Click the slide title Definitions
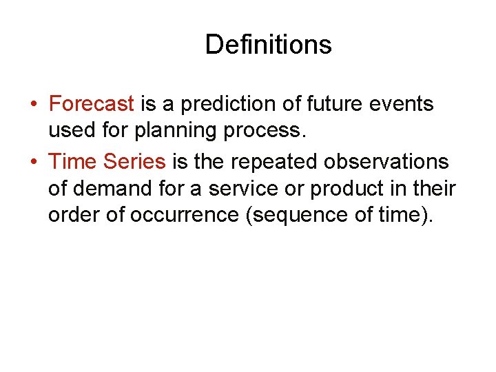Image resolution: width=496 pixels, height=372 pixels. (268, 45)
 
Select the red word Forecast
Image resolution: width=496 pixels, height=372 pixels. (92, 104)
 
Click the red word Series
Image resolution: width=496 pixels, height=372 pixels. (134, 162)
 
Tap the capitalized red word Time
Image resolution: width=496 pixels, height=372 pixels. (73, 162)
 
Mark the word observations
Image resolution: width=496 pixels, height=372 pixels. (389, 162)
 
